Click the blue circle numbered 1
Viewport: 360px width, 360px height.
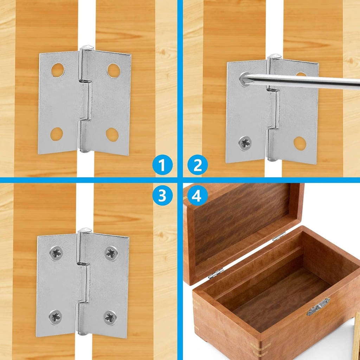coord(162,165)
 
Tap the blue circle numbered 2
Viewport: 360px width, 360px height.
coord(197,165)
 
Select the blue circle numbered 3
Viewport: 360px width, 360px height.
coord(162,196)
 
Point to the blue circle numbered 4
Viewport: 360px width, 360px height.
coord(197,196)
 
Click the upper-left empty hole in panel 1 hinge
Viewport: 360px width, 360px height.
coord(58,70)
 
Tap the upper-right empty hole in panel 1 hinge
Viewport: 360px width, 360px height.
coord(114,70)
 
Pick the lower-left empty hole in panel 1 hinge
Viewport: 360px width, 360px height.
coord(57,134)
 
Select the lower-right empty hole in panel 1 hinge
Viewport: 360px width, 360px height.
coord(112,135)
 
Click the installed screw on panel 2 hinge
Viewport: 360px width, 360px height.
coord(245,143)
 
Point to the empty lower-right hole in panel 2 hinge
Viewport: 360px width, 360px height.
coord(300,143)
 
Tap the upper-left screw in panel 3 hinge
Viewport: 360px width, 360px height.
coord(56,253)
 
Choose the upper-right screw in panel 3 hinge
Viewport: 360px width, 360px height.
coord(111,253)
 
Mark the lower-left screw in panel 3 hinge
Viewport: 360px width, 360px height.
coord(55,317)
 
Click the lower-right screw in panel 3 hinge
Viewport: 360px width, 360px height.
coord(110,317)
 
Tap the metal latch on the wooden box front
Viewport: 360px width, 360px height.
coord(318,306)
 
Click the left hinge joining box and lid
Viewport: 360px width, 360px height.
coord(216,273)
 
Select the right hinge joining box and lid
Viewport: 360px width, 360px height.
coord(279,236)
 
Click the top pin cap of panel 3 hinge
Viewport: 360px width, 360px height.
coord(85,230)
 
